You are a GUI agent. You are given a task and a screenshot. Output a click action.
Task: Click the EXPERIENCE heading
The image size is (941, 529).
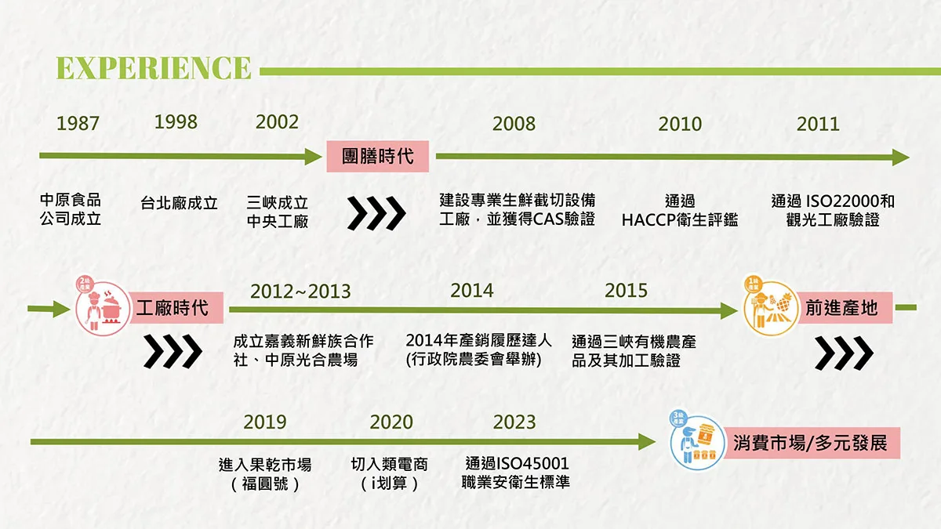pyautogui.click(x=154, y=68)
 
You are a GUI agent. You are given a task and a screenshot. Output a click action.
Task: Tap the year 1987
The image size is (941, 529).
pyautogui.click(x=78, y=124)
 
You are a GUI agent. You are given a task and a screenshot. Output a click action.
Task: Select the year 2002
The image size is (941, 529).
pyautogui.click(x=277, y=122)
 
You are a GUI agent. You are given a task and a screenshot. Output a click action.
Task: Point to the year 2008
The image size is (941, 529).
pyautogui.click(x=514, y=124)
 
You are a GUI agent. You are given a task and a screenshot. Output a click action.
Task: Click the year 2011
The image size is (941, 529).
pyautogui.click(x=818, y=124)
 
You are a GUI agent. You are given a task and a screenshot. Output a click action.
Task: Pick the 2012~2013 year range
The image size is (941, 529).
pyautogui.click(x=300, y=292)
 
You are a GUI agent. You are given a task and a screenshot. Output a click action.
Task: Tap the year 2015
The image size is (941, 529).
pyautogui.click(x=626, y=291)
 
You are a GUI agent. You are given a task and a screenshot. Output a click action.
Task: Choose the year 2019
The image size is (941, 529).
pyautogui.click(x=265, y=422)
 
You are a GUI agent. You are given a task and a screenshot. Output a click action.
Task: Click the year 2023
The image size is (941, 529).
pyautogui.click(x=514, y=422)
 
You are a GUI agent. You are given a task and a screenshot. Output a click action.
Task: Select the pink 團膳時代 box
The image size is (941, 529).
pyautogui.click(x=378, y=156)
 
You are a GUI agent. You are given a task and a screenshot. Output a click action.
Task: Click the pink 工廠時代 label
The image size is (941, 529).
pyautogui.click(x=176, y=308)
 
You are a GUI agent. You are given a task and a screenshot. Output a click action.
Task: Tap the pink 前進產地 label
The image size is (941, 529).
pyautogui.click(x=845, y=308)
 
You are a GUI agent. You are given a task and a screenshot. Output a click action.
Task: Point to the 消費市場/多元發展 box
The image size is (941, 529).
pyautogui.click(x=812, y=443)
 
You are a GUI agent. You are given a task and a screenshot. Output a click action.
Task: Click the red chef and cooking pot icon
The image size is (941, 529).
pyautogui.click(x=103, y=306)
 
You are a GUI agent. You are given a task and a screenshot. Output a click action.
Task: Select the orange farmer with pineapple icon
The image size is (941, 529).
pyautogui.click(x=770, y=306)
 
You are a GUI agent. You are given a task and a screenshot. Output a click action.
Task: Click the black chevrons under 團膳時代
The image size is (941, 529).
pyautogui.click(x=376, y=213)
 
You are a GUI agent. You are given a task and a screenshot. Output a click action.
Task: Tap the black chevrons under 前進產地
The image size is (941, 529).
pyautogui.click(x=844, y=353)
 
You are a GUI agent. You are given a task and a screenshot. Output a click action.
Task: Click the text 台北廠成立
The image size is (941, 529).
pyautogui.click(x=179, y=204)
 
